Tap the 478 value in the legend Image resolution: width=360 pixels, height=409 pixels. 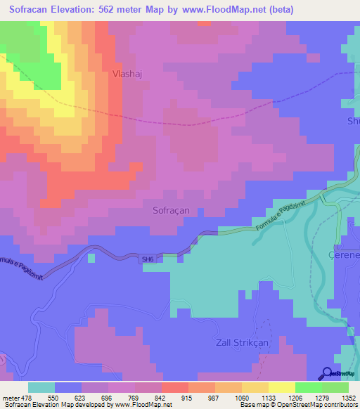tap(28, 397)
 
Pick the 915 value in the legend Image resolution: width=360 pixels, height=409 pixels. tap(188, 397)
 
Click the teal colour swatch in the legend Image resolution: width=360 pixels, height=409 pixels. tap(41, 387)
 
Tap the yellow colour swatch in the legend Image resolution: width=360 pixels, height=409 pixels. tap(281, 387)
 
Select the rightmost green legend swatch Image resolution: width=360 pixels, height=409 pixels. tap(335, 387)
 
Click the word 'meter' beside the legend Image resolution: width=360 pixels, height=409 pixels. tap(10, 397)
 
